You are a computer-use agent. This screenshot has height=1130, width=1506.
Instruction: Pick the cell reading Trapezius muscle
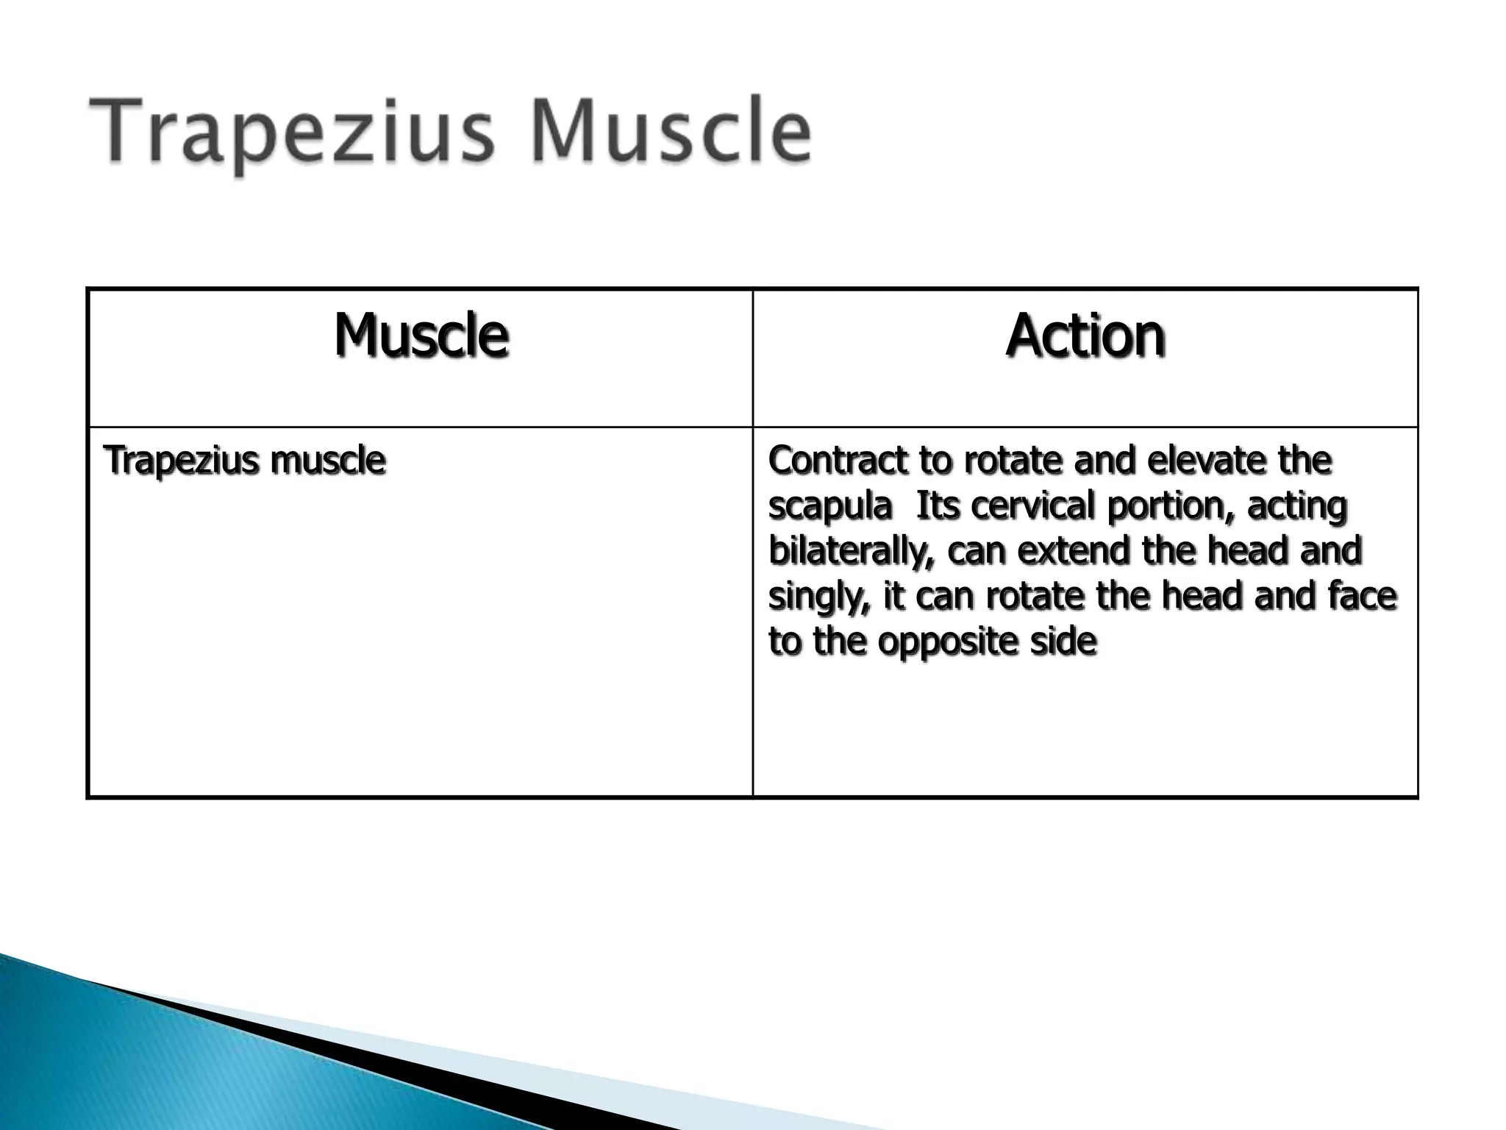pyautogui.click(x=245, y=461)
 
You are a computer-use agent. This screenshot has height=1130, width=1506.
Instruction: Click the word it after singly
pyautogui.click(x=893, y=596)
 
